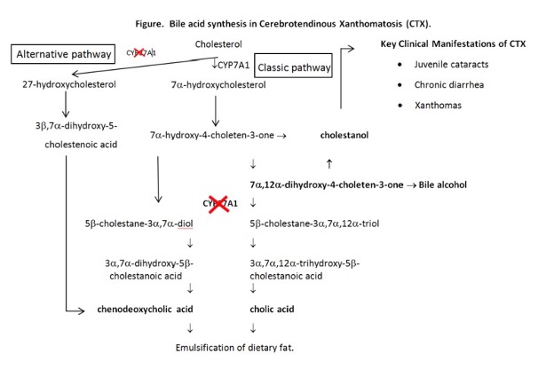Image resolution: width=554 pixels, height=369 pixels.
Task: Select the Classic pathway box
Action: click(293, 67)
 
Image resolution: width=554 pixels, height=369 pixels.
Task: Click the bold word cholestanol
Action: click(345, 136)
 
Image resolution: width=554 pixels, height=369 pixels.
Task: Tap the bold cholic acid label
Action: click(273, 309)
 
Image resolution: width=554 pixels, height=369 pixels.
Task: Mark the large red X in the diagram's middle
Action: click(220, 204)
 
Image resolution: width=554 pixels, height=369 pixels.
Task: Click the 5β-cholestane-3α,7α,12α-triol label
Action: click(314, 224)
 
